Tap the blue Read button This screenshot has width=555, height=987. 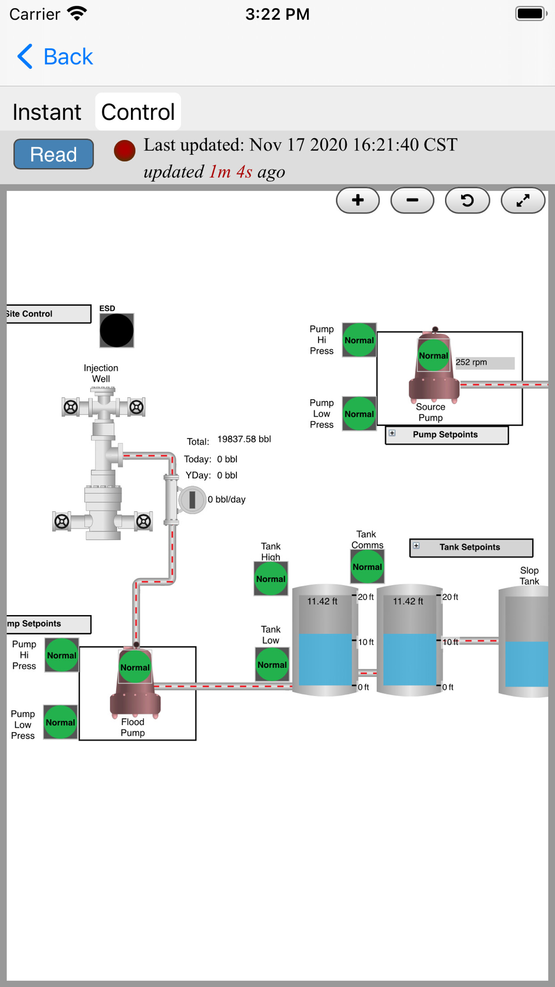[53, 154]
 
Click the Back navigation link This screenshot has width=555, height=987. [55, 57]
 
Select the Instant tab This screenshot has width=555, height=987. [47, 112]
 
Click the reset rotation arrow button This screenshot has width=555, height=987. [467, 200]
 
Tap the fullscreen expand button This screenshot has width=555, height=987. [522, 200]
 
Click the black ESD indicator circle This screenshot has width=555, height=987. [117, 331]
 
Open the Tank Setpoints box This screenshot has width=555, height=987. [471, 547]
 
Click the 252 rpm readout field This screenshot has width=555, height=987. [485, 362]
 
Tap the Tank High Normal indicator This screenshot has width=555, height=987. [271, 579]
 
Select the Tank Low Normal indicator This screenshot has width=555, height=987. [272, 664]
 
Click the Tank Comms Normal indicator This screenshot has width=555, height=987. [367, 567]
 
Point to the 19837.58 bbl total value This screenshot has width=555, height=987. [244, 439]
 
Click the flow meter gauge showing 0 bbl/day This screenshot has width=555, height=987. [192, 500]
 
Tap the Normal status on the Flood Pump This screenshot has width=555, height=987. [135, 667]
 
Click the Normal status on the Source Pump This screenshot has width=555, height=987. [433, 356]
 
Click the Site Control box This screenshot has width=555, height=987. [48, 314]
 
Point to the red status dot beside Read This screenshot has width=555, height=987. [124, 150]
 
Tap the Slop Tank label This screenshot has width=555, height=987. [529, 576]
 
